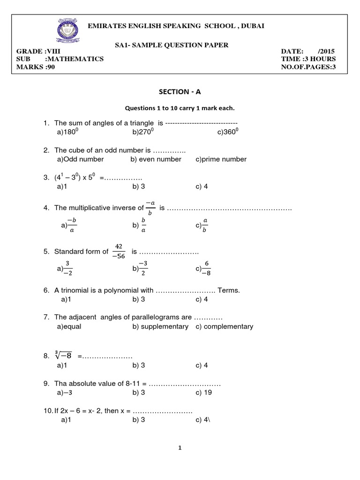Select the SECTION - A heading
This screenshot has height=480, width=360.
(180, 93)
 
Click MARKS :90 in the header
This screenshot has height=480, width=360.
(36, 67)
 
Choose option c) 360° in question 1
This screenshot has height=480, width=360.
(228, 133)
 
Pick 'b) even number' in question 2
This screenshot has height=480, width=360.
(156, 159)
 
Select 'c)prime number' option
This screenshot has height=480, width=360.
(221, 159)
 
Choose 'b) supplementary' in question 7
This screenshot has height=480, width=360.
(160, 326)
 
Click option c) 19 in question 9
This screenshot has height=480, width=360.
(204, 392)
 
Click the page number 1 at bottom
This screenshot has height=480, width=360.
(180, 448)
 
